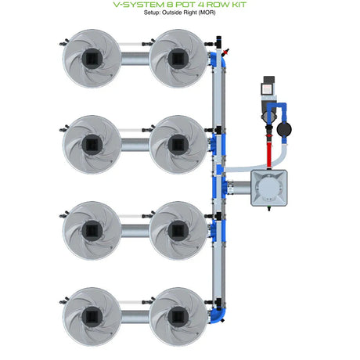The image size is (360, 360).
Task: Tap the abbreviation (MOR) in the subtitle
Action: [207, 13]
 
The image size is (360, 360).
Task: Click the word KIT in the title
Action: [236, 5]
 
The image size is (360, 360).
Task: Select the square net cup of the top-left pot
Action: [92, 59]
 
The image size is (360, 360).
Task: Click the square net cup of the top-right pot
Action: [178, 59]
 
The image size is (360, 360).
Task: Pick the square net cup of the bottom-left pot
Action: [92, 317]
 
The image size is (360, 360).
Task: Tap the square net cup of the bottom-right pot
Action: [178, 317]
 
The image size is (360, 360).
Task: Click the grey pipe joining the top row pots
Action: [135, 59]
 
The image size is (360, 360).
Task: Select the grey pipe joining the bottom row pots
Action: [135, 317]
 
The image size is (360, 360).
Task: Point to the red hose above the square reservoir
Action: [269, 153]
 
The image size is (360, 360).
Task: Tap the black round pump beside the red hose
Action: [284, 129]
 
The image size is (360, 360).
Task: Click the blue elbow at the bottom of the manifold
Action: [218, 315]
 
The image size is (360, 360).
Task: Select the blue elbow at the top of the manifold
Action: [218, 59]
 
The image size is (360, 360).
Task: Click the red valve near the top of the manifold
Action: [225, 52]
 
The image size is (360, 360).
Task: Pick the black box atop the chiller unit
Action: [269, 79]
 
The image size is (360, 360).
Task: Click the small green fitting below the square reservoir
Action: [269, 208]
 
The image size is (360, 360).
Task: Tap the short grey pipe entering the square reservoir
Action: [239, 188]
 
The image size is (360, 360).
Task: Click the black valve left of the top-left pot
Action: [64, 42]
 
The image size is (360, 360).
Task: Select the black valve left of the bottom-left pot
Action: [64, 301]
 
